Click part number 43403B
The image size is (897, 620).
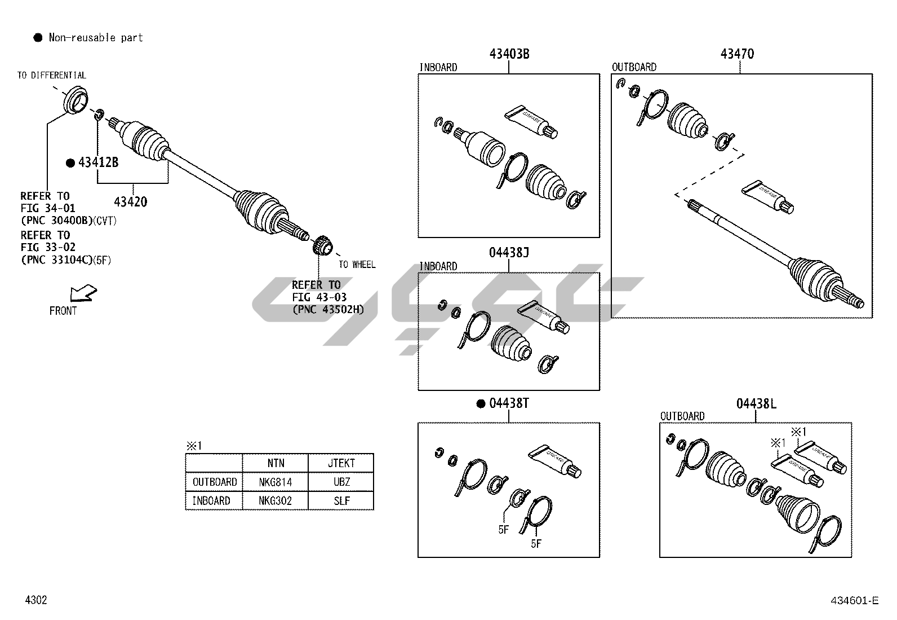(x=509, y=54)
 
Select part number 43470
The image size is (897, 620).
(x=737, y=54)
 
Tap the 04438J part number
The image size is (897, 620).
(x=509, y=253)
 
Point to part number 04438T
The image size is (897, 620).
(x=509, y=403)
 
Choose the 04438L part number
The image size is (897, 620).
(x=756, y=403)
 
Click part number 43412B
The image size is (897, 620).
(x=98, y=162)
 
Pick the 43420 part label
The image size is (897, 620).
(x=130, y=201)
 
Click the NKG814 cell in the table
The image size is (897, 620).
(x=276, y=482)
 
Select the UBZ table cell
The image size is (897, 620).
(x=341, y=482)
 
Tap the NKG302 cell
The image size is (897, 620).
(x=276, y=500)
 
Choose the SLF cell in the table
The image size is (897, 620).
(x=341, y=500)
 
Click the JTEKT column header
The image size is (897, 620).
(x=341, y=463)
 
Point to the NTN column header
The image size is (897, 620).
(x=276, y=463)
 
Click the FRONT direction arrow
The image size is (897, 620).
(x=82, y=293)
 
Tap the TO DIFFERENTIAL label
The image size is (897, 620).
(x=51, y=75)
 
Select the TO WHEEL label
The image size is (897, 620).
(x=357, y=265)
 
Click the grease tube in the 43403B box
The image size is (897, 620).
(x=532, y=121)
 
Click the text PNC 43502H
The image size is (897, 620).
(x=328, y=309)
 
